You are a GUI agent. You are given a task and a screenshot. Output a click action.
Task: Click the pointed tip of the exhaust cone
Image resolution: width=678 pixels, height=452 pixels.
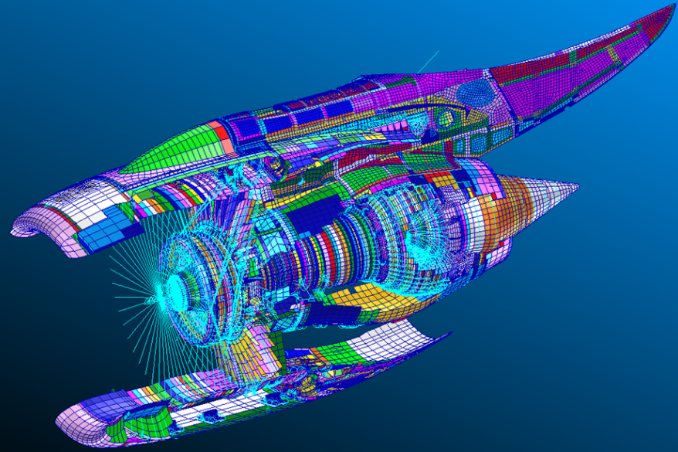(x=578, y=186)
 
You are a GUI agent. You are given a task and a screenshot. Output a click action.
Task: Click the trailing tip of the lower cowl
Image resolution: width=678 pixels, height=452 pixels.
(x=449, y=334)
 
